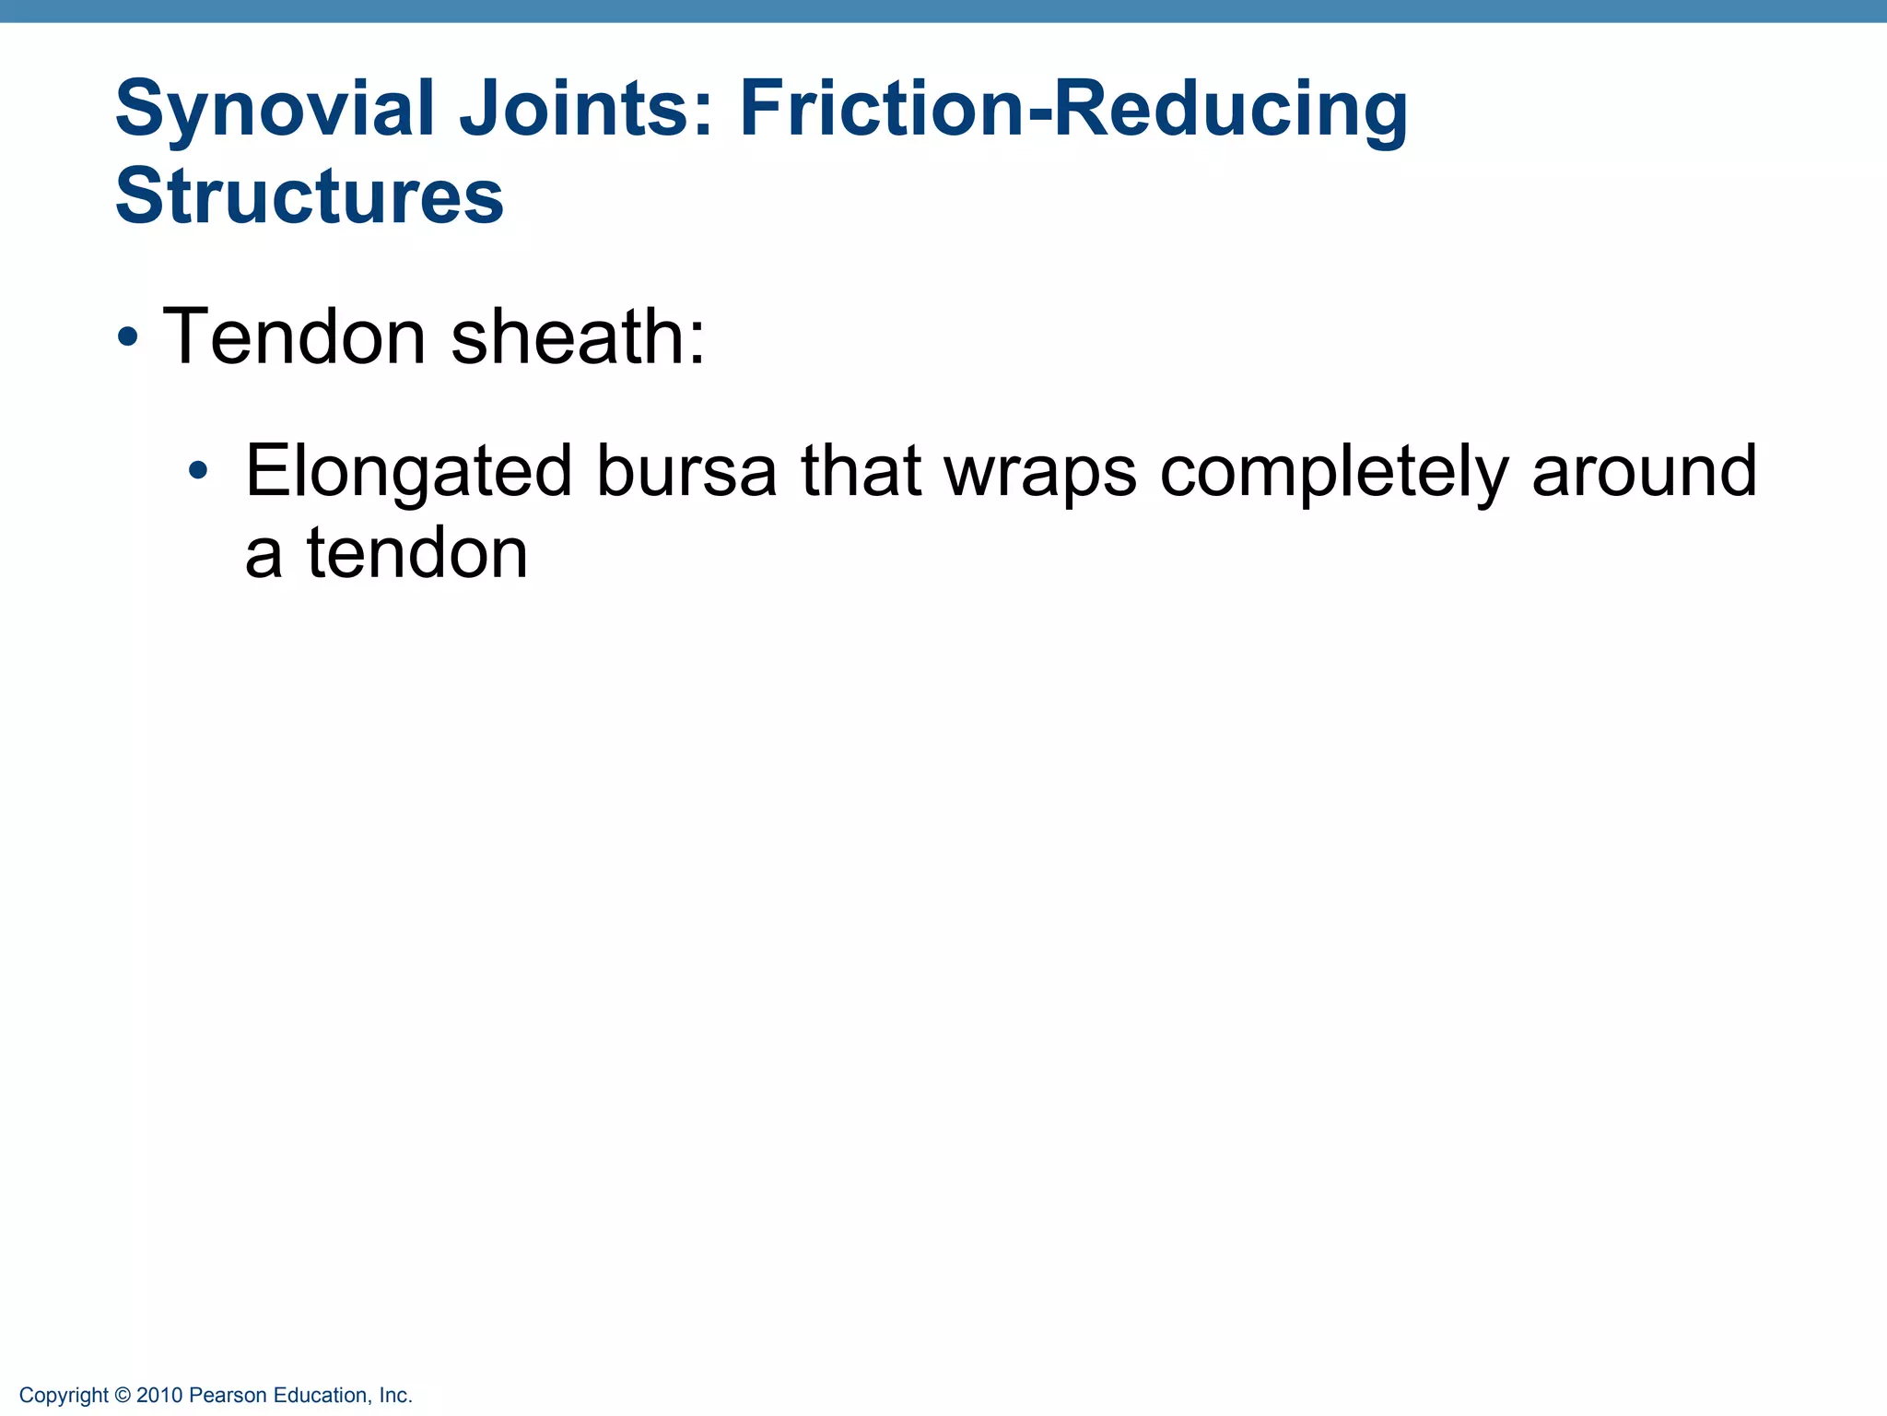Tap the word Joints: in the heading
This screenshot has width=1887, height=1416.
pos(586,110)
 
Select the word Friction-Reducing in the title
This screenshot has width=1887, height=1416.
pos(1073,110)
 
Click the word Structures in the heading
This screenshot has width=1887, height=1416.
pos(310,196)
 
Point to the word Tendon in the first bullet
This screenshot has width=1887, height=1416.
pos(294,336)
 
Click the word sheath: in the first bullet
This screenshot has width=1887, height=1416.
pos(578,336)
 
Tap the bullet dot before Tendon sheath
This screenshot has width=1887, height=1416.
pos(128,338)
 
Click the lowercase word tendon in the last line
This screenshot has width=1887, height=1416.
pos(416,554)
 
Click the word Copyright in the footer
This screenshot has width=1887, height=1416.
pos(64,1396)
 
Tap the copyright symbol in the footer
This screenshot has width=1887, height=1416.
pos(123,1396)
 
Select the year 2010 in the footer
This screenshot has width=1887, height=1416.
pos(159,1396)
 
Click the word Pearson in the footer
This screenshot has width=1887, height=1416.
pos(222,1396)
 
